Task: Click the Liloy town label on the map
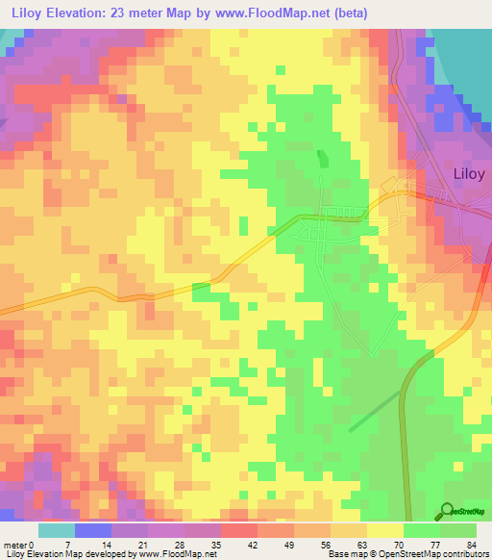pos(468,174)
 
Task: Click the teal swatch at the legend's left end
pos(56,530)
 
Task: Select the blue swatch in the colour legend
pos(93,530)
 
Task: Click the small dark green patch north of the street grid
pos(322,157)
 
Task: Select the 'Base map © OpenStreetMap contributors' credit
pos(406,554)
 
